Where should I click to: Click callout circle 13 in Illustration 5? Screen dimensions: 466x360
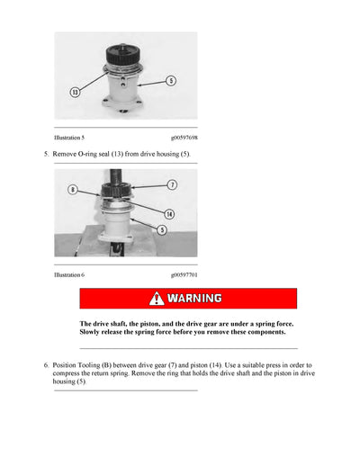76,92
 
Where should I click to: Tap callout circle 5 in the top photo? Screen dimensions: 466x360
171,81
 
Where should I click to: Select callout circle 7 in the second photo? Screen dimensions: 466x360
172,184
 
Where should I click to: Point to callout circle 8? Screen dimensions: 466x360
73,190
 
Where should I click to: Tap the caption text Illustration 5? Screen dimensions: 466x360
69,138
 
